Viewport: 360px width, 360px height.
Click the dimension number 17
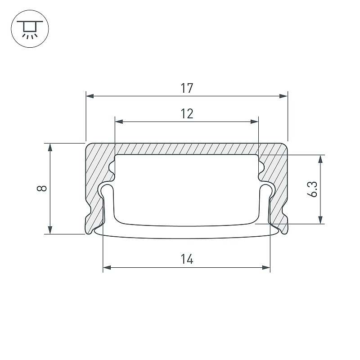coord(187,88)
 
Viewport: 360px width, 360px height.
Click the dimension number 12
coord(187,114)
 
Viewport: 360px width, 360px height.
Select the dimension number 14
coord(187,259)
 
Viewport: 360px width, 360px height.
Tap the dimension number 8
coord(42,188)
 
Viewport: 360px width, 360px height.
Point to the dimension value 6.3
coord(312,189)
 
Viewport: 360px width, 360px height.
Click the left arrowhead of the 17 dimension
coord(90,96)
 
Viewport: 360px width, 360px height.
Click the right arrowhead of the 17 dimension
coord(283,96)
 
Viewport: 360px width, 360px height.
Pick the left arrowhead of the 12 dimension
coord(119,121)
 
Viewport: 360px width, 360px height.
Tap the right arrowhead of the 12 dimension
coord(255,121)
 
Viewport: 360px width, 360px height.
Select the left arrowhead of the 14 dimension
coord(107,267)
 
